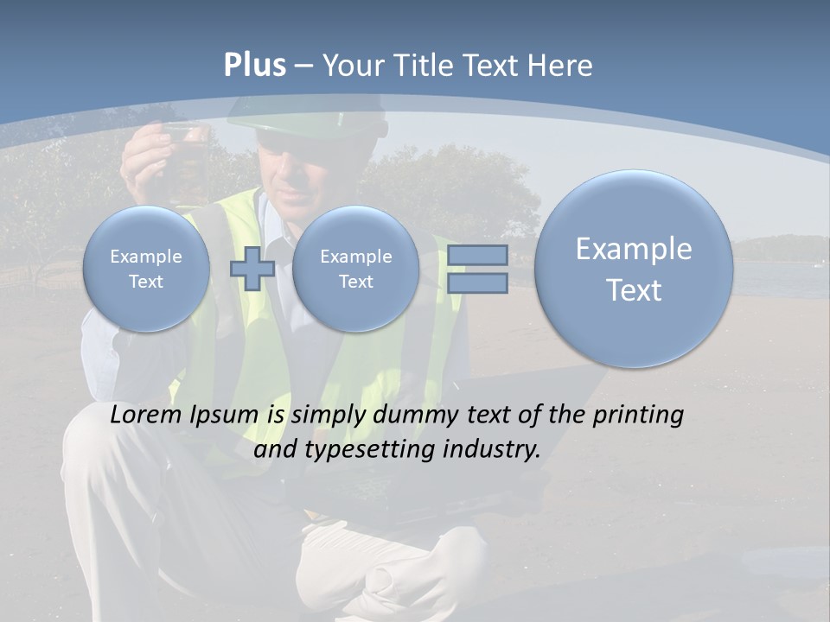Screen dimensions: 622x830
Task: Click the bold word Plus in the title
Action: pos(254,66)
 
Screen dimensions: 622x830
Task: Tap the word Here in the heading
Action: pos(562,66)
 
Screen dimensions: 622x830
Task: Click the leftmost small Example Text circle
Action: pos(145,269)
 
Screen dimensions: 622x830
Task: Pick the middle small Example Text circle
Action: pos(355,269)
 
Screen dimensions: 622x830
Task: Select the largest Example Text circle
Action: pos(634,269)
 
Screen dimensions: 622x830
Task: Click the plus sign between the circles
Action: pos(252,269)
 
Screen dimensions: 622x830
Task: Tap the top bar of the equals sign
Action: pos(477,256)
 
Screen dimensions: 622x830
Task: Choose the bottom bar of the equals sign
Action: pos(477,282)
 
